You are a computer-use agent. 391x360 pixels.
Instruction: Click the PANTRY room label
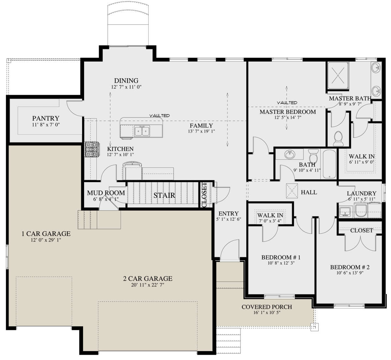pos(46,118)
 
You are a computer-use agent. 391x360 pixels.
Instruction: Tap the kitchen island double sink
pos(142,131)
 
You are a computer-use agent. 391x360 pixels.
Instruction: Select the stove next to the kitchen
pos(92,150)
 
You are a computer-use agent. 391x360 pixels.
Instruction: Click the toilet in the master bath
pos(338,138)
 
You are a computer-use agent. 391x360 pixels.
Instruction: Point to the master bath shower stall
pos(338,76)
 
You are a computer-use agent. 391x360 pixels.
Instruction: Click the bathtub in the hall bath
pos(329,164)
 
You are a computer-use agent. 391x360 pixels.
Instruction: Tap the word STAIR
pos(164,195)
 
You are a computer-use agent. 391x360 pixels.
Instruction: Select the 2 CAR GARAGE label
pos(148,279)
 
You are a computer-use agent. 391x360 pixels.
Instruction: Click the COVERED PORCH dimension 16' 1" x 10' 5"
pos(267,313)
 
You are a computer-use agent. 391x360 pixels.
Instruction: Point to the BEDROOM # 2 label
pos(350,267)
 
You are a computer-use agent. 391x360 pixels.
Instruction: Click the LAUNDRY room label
pos(362,193)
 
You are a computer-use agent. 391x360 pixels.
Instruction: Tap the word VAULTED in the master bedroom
pos(287,103)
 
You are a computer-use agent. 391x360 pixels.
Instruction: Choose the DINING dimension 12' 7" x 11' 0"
pos(126,87)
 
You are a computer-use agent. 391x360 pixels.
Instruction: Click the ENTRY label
pos(228,213)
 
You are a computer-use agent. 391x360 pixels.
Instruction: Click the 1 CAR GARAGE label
pos(46,234)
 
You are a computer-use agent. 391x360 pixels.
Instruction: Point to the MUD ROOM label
pos(106,193)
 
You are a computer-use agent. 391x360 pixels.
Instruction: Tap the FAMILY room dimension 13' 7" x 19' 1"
pos(201,131)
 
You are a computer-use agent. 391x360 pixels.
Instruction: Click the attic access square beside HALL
pos(292,191)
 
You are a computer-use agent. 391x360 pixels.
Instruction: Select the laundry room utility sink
pos(345,212)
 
